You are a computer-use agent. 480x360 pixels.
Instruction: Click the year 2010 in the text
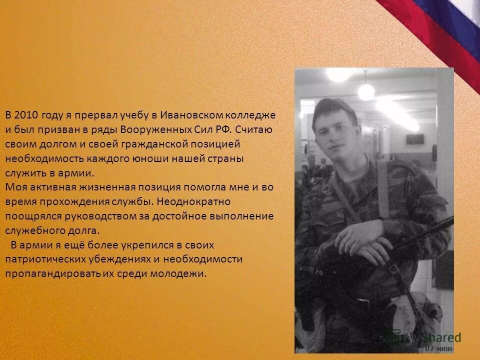tap(25, 115)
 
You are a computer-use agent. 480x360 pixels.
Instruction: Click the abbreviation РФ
tap(220, 129)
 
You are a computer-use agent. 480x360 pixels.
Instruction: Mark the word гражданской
tap(147, 144)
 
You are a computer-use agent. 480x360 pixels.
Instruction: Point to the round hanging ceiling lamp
tap(366, 91)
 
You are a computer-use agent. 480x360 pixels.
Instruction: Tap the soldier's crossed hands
tap(365, 239)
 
